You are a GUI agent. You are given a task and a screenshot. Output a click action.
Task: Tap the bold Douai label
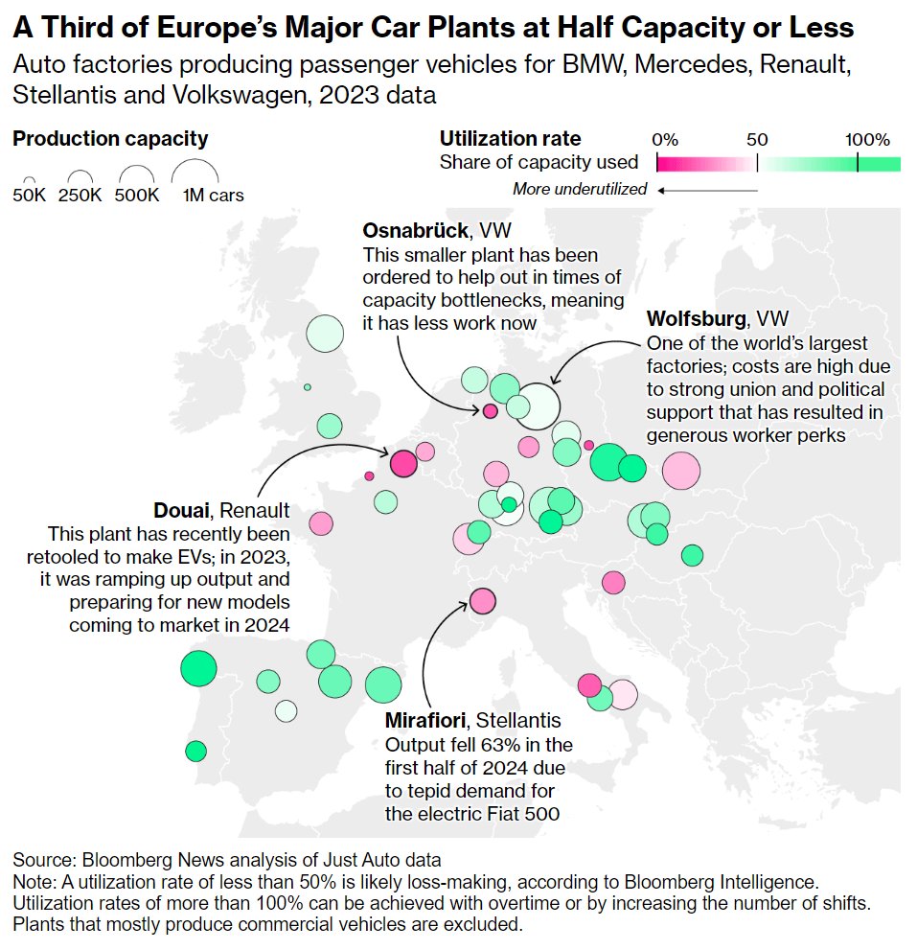pyautogui.click(x=182, y=509)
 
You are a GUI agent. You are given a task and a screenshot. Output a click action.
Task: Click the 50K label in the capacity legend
pyautogui.click(x=30, y=196)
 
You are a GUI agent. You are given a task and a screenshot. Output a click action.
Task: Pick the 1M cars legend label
pyautogui.click(x=213, y=196)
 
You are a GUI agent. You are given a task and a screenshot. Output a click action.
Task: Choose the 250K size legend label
pyautogui.click(x=80, y=196)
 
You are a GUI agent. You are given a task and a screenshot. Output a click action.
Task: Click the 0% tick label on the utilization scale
pyautogui.click(x=665, y=139)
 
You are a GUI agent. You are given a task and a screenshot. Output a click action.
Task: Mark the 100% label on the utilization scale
pyautogui.click(x=867, y=139)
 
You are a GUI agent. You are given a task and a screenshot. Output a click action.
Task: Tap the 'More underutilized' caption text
pyautogui.click(x=579, y=189)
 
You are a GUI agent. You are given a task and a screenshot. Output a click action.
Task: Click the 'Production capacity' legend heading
pyautogui.click(x=110, y=139)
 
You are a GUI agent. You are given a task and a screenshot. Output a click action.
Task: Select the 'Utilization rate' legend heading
pyautogui.click(x=510, y=139)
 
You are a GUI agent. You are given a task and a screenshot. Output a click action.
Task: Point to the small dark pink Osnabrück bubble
pyautogui.click(x=490, y=411)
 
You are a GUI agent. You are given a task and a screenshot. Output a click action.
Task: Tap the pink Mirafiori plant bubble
pyautogui.click(x=482, y=601)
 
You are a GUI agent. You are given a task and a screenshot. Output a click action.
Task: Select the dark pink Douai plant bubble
pyautogui.click(x=403, y=464)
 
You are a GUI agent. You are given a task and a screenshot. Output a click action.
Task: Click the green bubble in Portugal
pyautogui.click(x=195, y=750)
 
